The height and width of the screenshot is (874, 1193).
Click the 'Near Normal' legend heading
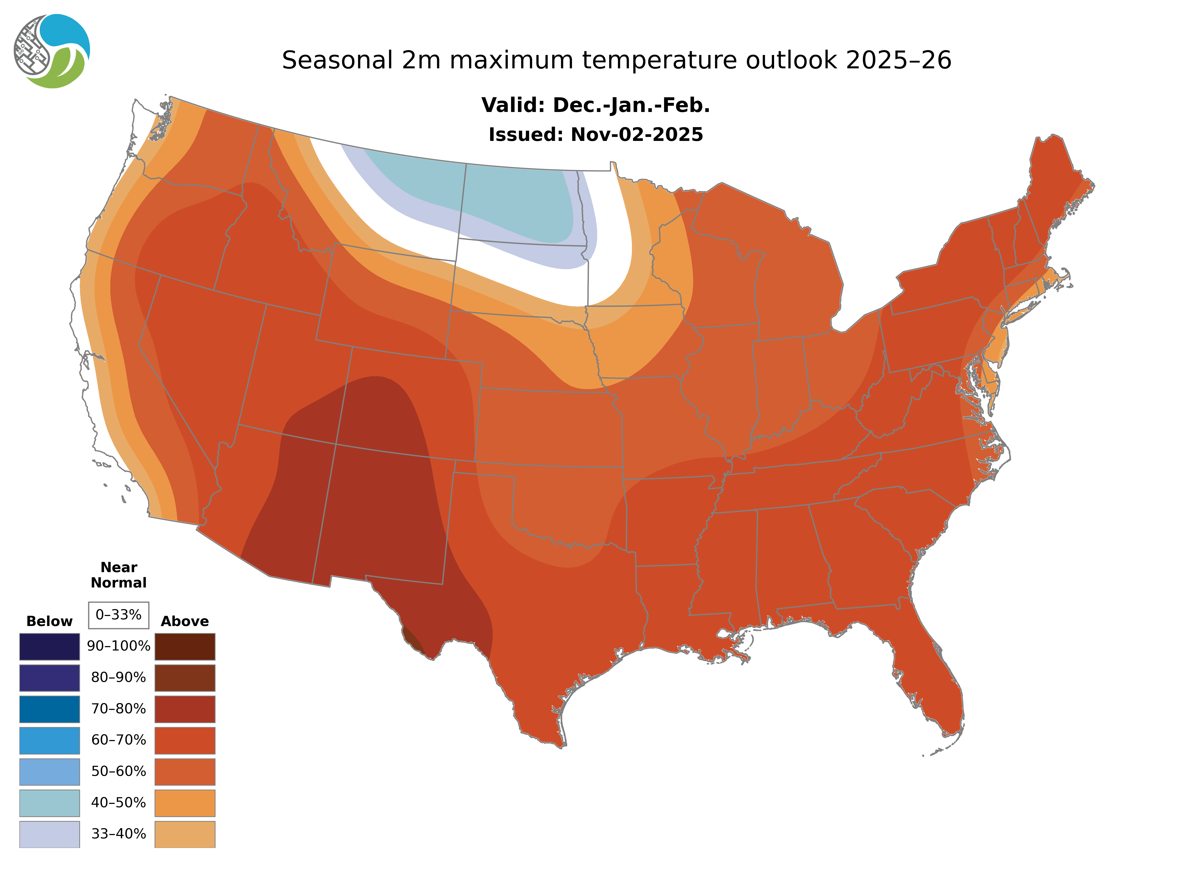click(x=119, y=575)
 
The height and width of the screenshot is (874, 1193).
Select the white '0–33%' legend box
click(x=119, y=615)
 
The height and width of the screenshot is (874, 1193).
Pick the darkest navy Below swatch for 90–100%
click(x=49, y=646)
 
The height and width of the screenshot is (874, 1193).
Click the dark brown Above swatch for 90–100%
click(x=185, y=646)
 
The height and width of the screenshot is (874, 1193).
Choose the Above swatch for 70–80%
click(x=185, y=709)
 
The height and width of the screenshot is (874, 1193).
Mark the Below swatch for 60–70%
click(x=49, y=740)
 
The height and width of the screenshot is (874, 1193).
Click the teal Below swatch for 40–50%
click(x=49, y=803)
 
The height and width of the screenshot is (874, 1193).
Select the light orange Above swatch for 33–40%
click(x=185, y=834)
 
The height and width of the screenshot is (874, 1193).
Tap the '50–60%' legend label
click(x=119, y=771)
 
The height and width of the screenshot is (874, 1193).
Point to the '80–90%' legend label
click(x=119, y=678)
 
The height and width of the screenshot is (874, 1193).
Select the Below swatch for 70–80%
click(x=49, y=709)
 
